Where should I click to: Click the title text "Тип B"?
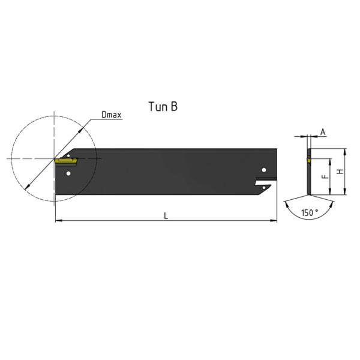[x=163, y=107]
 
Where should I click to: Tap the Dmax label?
[x=112, y=115]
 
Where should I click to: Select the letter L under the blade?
[x=166, y=216]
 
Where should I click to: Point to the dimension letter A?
[x=323, y=132]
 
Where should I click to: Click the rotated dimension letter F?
[x=325, y=176]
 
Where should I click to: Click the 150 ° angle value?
[x=310, y=213]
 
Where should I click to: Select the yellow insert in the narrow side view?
[x=308, y=160]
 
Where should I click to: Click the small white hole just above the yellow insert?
[x=68, y=156]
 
